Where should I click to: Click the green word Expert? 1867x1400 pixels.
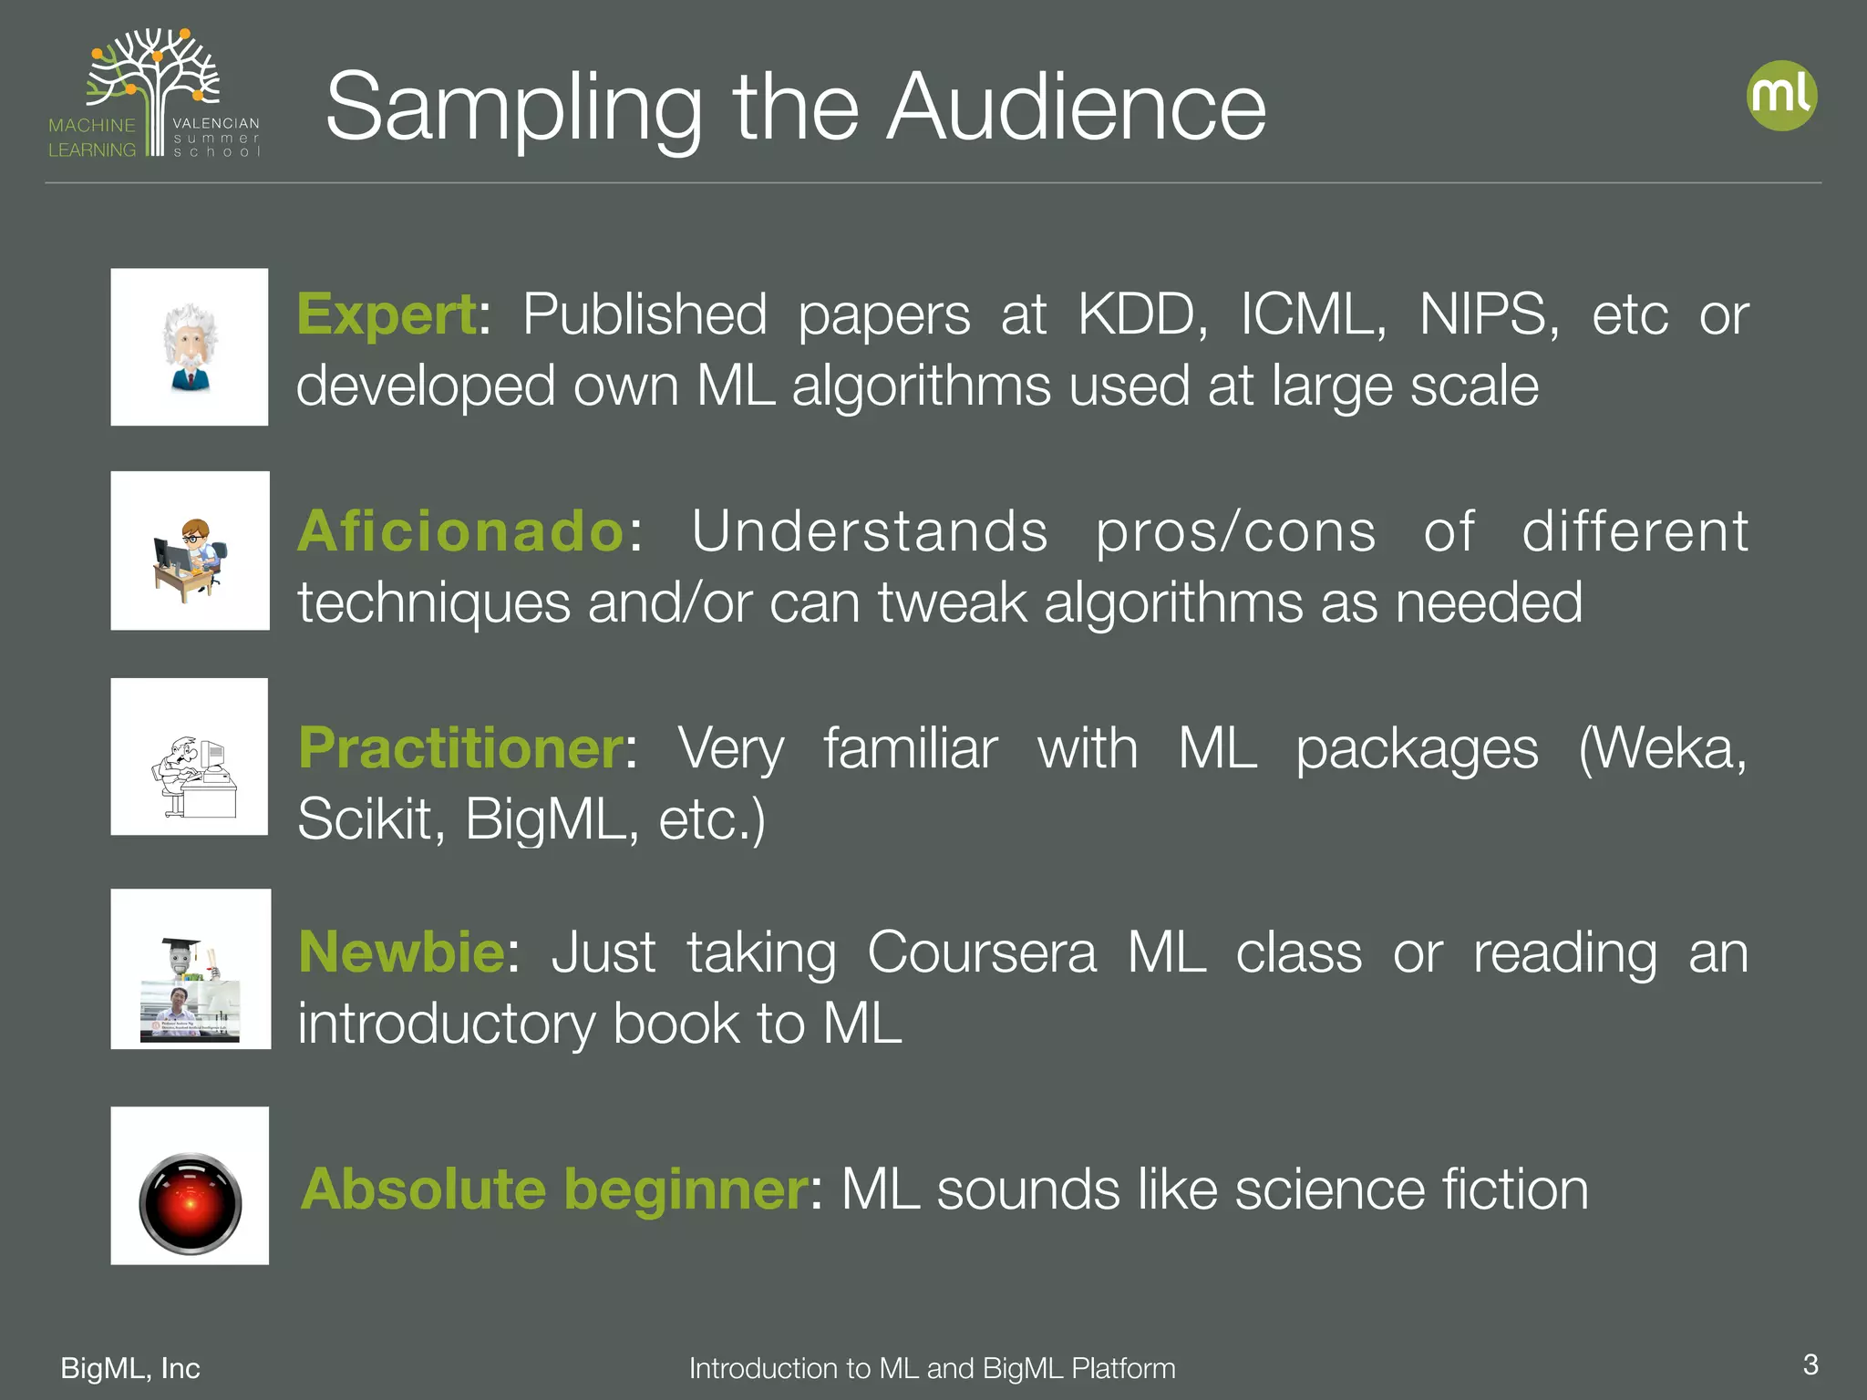coord(387,315)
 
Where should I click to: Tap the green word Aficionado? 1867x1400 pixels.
coord(461,531)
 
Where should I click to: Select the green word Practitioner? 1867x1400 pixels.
coord(461,748)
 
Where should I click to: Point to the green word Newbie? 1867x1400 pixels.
coord(402,952)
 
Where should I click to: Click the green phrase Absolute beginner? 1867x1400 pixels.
coord(554,1189)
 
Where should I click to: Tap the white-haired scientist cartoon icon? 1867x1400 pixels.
coord(190,347)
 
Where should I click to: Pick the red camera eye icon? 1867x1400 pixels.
coord(191,1204)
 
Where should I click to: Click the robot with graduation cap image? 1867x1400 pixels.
coord(191,968)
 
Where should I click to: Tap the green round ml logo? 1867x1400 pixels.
coord(1781,96)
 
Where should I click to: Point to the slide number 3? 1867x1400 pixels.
coord(1810,1364)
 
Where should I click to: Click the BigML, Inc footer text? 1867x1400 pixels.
coord(130,1368)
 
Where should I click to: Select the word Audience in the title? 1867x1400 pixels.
coord(1077,108)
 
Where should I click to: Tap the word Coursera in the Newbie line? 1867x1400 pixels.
coord(982,952)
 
